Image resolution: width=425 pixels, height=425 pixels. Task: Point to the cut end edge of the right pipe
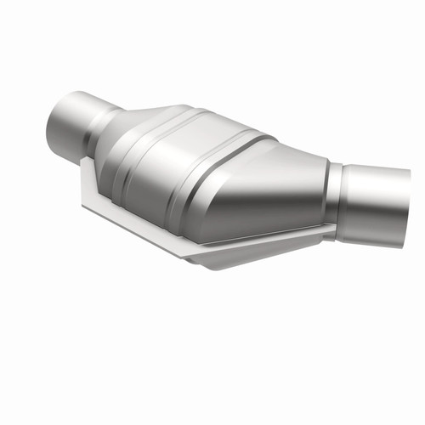pyautogui.click(x=405, y=207)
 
